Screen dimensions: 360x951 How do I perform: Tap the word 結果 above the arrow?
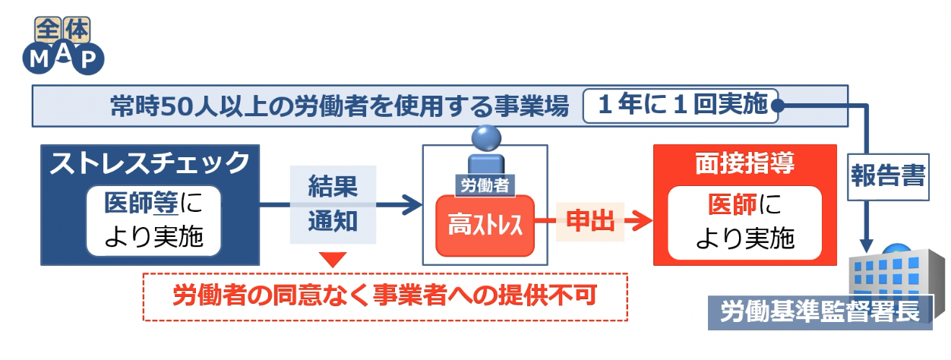click(x=332, y=185)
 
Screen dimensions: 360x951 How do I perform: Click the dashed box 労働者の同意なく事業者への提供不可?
click(x=386, y=296)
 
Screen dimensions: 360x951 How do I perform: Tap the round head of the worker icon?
click(x=485, y=139)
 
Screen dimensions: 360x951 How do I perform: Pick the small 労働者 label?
click(x=485, y=184)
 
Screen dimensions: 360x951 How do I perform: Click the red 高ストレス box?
click(x=485, y=226)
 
